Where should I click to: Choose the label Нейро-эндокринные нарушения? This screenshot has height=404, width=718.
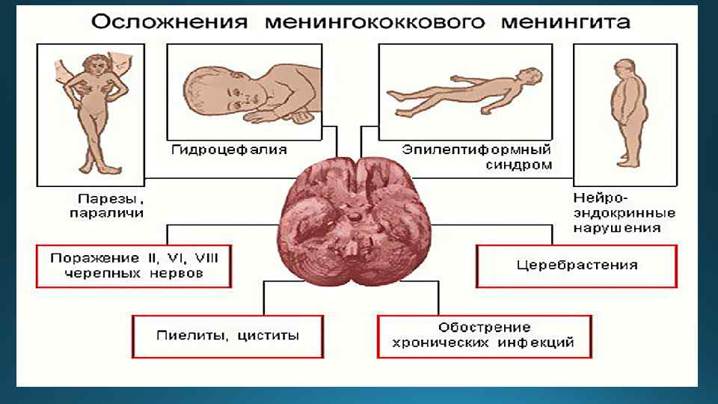(616, 213)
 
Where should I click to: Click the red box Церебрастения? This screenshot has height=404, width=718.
(576, 266)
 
